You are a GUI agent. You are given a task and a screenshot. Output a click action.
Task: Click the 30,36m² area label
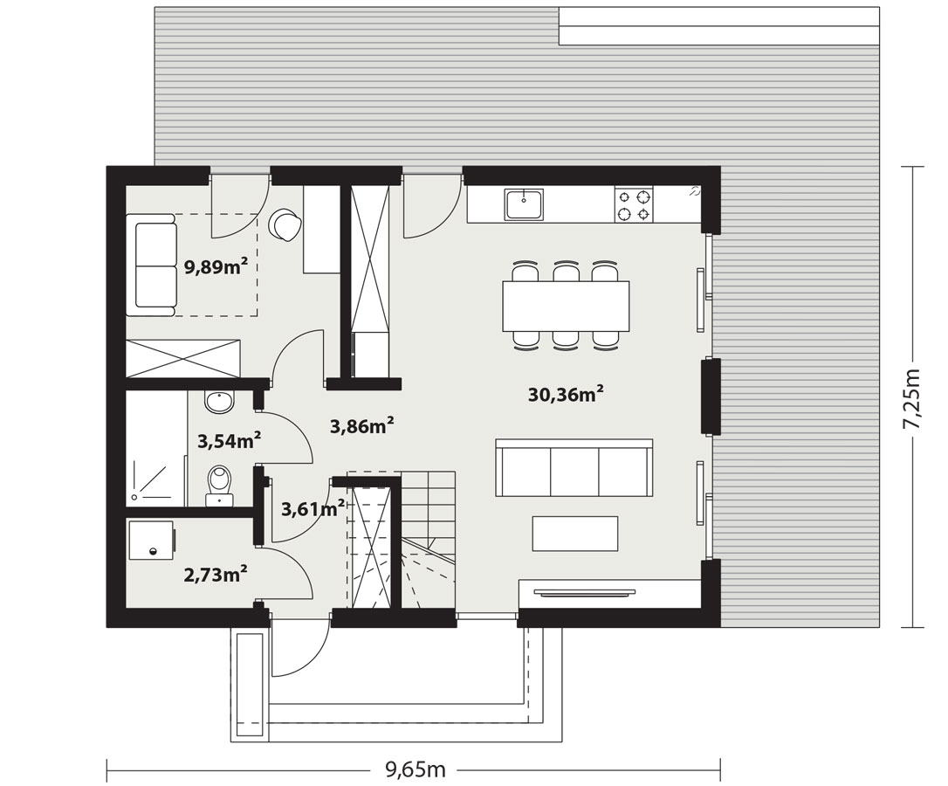(566, 395)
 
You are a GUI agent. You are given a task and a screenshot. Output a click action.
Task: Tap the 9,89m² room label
(216, 267)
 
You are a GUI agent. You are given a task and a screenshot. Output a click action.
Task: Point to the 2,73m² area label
(216, 573)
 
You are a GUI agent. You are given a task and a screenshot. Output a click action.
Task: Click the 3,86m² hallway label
(362, 426)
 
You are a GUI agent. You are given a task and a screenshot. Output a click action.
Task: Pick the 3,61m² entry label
(313, 508)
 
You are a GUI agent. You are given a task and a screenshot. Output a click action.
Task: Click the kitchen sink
(525, 203)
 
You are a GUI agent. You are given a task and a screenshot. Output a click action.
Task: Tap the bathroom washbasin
(218, 402)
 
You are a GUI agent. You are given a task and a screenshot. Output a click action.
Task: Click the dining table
(566, 307)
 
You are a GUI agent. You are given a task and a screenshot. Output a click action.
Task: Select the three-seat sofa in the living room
(574, 467)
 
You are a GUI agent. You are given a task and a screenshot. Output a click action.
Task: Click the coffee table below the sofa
(575, 534)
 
